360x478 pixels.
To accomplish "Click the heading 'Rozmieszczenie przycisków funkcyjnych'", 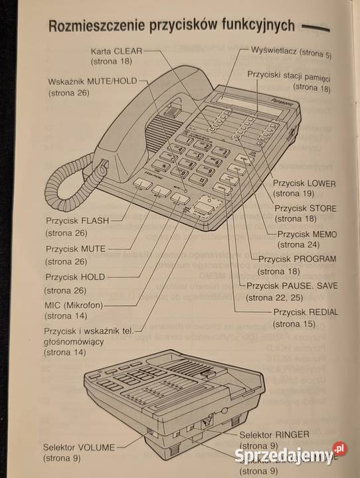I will click(171, 25).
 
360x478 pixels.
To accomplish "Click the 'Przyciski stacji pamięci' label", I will click(289, 76).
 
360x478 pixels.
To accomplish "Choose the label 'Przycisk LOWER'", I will click(304, 183).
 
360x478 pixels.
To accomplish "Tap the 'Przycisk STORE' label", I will click(306, 208).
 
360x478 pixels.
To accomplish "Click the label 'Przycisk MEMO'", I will click(307, 234).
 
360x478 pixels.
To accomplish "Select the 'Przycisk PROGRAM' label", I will click(297, 259).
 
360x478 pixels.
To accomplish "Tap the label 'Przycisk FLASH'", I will click(78, 220).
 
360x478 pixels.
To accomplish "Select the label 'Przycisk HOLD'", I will click(75, 277).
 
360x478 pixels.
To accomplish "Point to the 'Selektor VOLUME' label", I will click(79, 446).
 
